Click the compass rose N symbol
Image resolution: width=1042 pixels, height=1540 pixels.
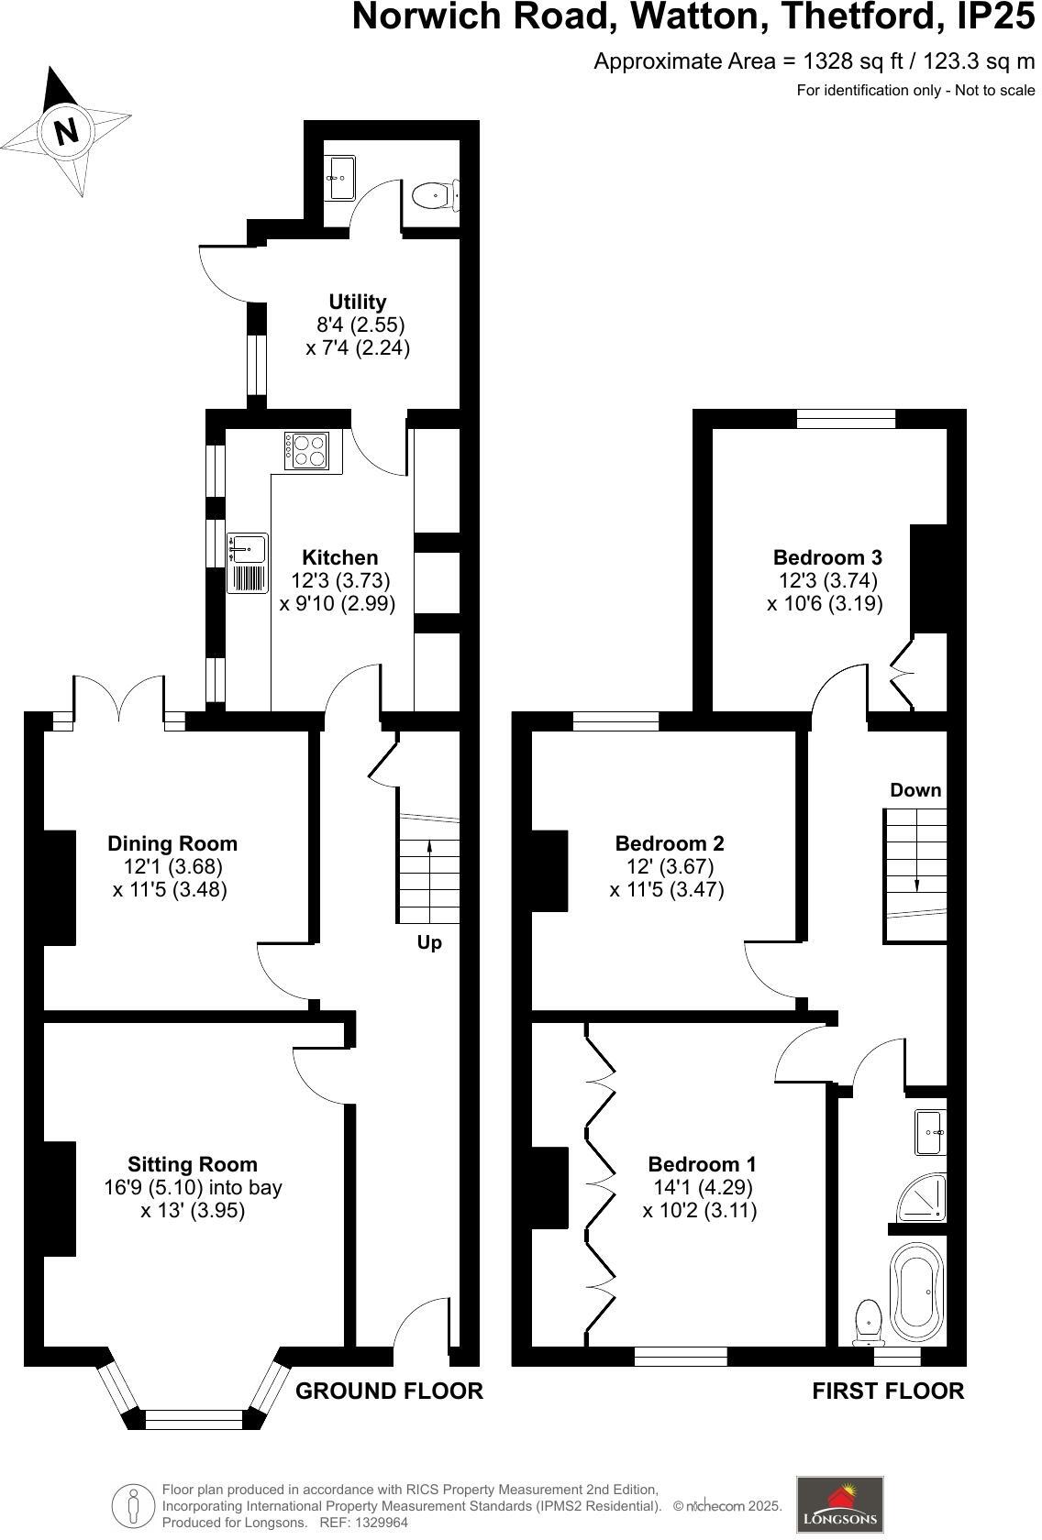point(66,131)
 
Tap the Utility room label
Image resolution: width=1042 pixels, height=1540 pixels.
point(358,302)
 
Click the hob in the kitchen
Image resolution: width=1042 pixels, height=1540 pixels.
point(308,450)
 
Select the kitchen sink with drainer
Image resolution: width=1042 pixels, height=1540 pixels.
point(248,562)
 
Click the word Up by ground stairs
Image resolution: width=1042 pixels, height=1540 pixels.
point(429,943)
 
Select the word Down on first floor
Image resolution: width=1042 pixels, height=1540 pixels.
point(915,790)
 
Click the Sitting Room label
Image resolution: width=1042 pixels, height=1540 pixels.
point(192,1164)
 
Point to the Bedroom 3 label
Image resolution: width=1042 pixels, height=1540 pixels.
point(827,557)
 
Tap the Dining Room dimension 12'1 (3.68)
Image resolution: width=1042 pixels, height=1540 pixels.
point(172,866)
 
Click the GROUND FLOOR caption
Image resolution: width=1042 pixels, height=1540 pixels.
point(389,1391)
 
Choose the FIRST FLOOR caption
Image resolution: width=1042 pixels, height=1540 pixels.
point(888,1391)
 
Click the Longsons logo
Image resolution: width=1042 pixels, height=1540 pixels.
point(839,1503)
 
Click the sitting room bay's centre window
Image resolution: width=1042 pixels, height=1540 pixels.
point(194,1420)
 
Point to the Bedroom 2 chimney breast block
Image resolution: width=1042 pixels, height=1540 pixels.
point(550,869)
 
